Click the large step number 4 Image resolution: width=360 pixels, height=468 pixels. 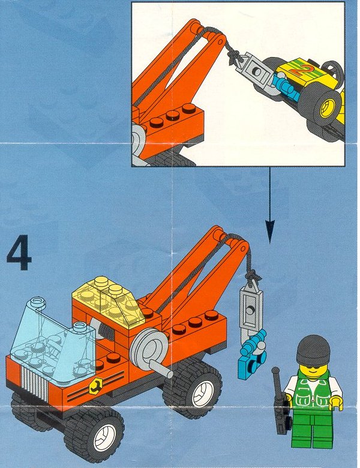(19, 253)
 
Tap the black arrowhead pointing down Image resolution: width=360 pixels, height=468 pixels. (270, 231)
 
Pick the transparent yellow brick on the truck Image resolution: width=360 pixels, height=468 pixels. (107, 302)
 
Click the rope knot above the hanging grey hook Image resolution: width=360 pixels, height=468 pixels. (253, 275)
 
